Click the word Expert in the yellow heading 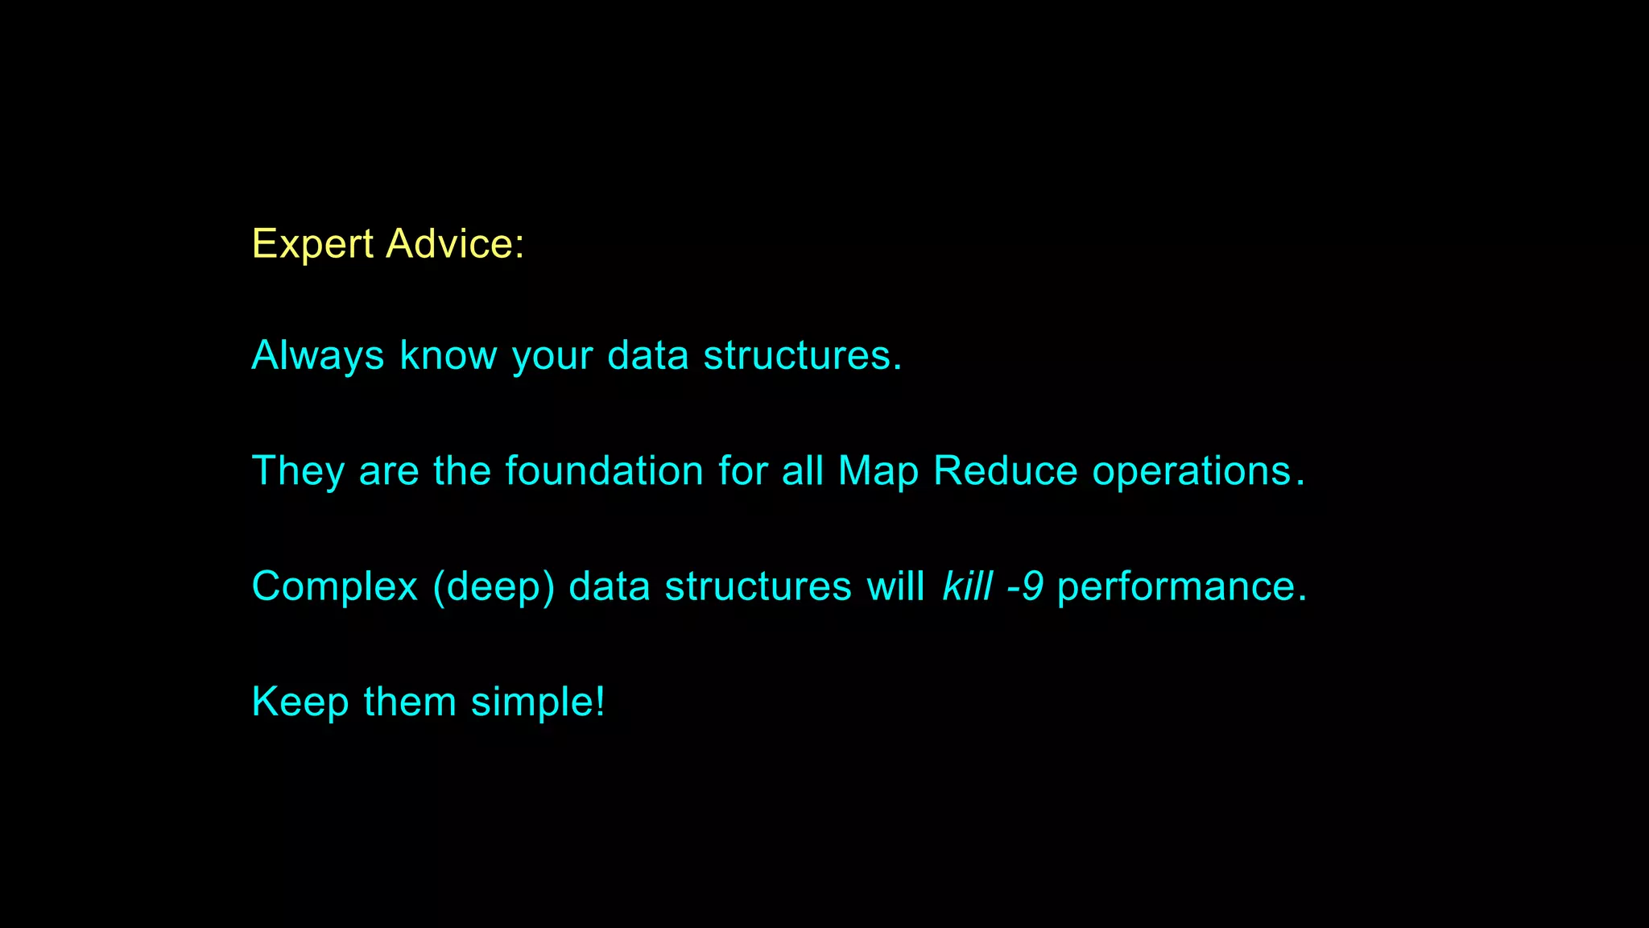click(312, 244)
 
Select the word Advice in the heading click(454, 244)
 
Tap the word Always click(318, 355)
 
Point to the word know click(448, 355)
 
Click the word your click(552, 357)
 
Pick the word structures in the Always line click(802, 355)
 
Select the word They click(298, 471)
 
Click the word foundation click(605, 470)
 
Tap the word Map click(878, 471)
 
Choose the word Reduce click(1005, 470)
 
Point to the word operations click(1192, 471)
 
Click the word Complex click(335, 586)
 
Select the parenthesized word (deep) click(494, 586)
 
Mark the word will click(895, 586)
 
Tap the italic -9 click(1025, 586)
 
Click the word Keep click(300, 702)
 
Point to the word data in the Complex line click(610, 586)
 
